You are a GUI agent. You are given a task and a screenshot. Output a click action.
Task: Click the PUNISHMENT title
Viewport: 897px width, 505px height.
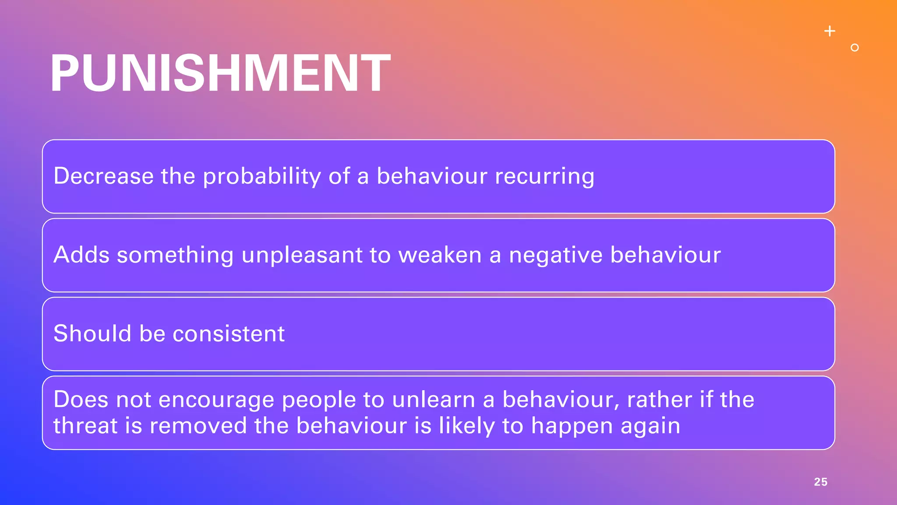click(220, 73)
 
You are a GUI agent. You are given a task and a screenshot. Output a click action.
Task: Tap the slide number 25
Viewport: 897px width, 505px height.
click(820, 482)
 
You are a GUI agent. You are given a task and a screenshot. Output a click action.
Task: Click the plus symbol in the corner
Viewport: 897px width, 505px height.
click(830, 31)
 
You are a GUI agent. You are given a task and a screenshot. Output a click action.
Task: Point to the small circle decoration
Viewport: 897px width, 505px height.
click(855, 48)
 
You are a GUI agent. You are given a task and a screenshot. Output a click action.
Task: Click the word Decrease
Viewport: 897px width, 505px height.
click(103, 176)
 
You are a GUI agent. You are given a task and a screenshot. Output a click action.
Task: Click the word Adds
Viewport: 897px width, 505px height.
click(81, 255)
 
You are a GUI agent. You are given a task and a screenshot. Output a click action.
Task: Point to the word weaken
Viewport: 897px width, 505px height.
click(440, 255)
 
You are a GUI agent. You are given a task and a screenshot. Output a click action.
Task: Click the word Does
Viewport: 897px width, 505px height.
click(81, 399)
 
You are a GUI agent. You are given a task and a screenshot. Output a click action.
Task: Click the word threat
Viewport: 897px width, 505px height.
click(85, 426)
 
